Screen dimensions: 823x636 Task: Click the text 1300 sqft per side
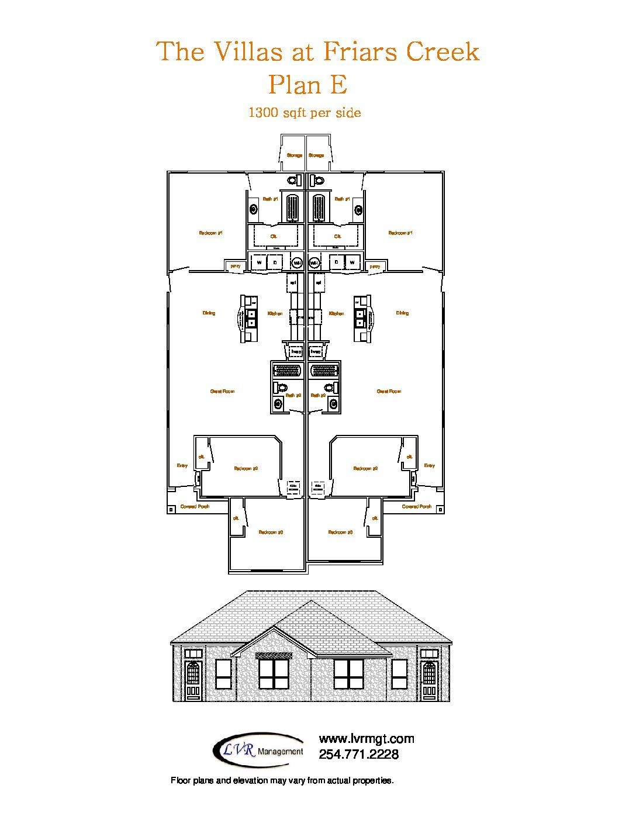[x=305, y=113]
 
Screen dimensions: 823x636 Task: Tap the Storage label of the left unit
[x=295, y=155]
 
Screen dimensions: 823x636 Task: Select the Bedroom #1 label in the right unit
[x=400, y=233]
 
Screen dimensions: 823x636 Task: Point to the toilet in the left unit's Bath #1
[x=292, y=180]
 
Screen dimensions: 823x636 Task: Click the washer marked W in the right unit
[x=352, y=263]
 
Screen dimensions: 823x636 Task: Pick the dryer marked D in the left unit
[x=275, y=263]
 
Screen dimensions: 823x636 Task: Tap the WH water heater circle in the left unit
[x=297, y=263]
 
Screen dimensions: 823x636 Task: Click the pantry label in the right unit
[x=375, y=267]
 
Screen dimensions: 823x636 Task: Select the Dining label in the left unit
[x=209, y=313]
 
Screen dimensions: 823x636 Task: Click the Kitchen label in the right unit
[x=337, y=314]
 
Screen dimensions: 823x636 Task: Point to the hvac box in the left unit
[x=296, y=352]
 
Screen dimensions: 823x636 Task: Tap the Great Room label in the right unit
[x=389, y=392]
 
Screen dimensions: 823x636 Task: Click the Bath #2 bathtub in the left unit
[x=287, y=371]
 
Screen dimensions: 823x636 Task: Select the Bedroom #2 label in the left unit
[x=246, y=469]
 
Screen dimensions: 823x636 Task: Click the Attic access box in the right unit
[x=318, y=487]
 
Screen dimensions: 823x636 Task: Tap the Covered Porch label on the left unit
[x=195, y=507]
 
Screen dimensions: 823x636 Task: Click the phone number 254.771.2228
[x=358, y=755]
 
